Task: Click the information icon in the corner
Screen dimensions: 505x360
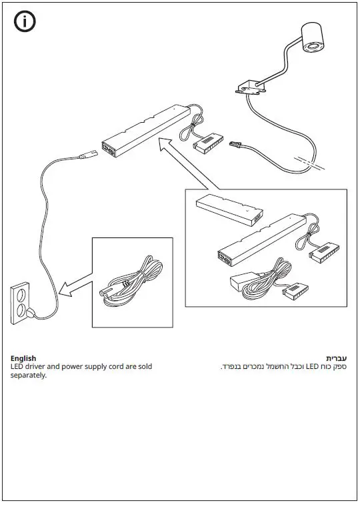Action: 25,21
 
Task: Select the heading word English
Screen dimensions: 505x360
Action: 23,358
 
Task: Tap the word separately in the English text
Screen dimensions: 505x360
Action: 29,375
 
